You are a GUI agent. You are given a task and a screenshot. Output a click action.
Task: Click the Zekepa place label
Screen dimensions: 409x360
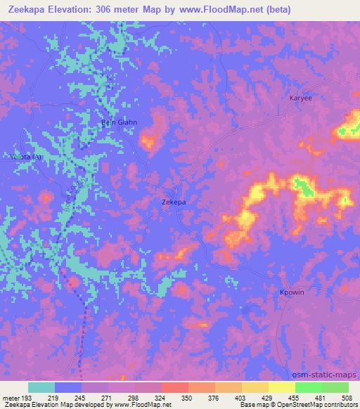pos(173,202)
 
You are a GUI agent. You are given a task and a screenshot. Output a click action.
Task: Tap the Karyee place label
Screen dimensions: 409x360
pos(300,98)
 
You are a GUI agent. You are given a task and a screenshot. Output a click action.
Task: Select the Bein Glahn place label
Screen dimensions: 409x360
pos(120,122)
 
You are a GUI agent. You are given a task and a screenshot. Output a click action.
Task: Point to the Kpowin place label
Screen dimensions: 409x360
pos(292,292)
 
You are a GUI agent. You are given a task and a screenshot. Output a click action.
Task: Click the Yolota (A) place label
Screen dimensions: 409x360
pos(26,157)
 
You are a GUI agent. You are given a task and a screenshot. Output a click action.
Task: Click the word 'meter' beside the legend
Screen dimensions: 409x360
pos(12,397)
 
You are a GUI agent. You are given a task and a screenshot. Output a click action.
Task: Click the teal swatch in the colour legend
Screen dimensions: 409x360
pos(41,387)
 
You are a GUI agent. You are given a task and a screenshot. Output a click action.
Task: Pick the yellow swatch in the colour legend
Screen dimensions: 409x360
pos(282,387)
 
